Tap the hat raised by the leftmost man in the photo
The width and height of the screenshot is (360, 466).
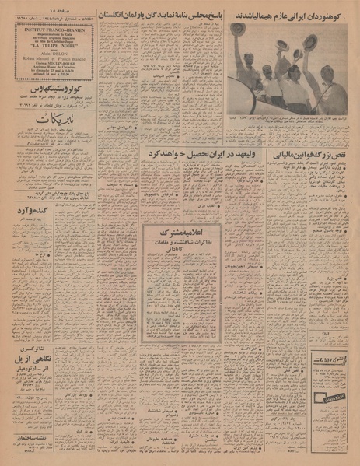(238, 29)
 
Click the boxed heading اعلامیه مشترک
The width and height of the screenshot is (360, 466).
(178, 231)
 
